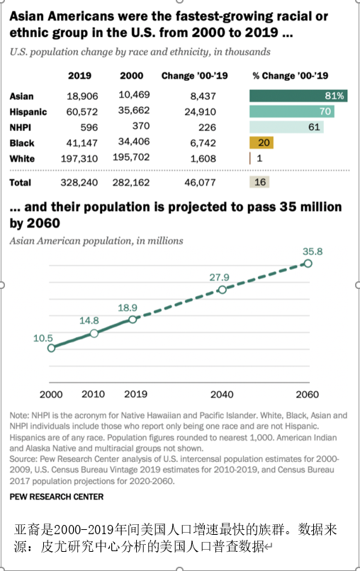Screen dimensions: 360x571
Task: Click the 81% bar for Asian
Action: point(298,96)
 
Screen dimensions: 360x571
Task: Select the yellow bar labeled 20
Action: point(261,142)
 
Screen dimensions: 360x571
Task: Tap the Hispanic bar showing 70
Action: point(292,111)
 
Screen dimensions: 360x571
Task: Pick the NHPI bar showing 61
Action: point(286,127)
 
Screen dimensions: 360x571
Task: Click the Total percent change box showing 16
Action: point(259,182)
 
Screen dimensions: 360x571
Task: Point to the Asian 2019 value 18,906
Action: point(82,96)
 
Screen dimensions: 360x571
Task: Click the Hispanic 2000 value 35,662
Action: point(134,111)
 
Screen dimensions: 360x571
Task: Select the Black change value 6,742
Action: point(203,143)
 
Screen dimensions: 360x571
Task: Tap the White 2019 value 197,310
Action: point(79,159)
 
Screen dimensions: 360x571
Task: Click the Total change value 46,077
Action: point(200,183)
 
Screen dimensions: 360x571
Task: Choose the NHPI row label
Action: point(21,128)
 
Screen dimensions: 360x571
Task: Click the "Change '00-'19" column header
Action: point(195,76)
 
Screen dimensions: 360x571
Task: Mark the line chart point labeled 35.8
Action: point(308,264)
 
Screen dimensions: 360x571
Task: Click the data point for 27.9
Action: point(222,290)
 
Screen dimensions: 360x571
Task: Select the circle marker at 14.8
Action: point(94,333)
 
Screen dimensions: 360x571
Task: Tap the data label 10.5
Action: point(43,339)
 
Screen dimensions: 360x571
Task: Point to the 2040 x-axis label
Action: point(222,395)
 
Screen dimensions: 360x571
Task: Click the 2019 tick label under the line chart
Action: point(136,394)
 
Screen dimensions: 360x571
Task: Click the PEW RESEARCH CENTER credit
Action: point(57,497)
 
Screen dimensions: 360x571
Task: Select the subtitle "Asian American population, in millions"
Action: point(96,241)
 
